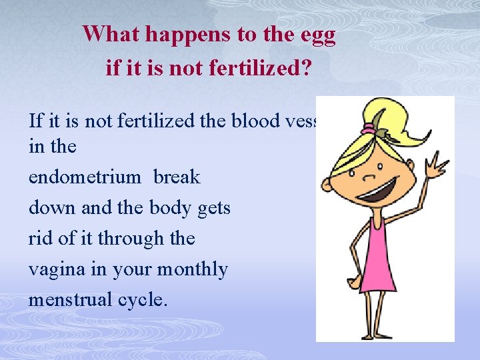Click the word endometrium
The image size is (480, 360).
[x=85, y=177]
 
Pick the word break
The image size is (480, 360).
[x=177, y=177]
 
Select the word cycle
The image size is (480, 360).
[x=142, y=301]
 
